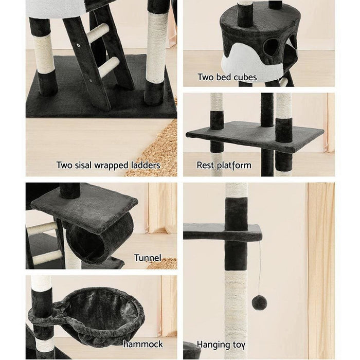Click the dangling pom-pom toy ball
click(259, 303)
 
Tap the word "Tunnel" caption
click(148, 258)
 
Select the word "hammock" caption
click(143, 344)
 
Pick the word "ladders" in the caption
click(146, 165)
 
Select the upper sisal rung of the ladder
click(98, 33)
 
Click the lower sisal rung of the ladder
click(109, 67)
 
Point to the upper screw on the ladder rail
click(79, 45)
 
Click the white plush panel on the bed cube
click(251, 60)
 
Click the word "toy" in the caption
click(239, 346)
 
